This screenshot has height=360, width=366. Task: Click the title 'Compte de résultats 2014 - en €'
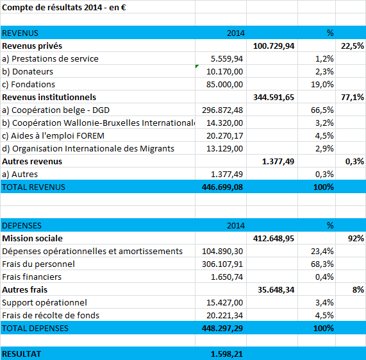click(64, 8)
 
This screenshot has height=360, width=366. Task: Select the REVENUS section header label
click(20, 33)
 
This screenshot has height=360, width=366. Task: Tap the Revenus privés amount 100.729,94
click(274, 46)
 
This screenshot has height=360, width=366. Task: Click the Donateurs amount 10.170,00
click(224, 72)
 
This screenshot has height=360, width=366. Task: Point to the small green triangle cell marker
click(197, 66)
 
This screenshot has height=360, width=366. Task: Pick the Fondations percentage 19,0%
click(322, 85)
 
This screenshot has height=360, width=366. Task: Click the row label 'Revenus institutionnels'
click(49, 97)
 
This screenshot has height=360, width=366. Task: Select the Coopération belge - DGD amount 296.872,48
click(222, 110)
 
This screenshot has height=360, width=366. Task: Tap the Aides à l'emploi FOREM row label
click(53, 136)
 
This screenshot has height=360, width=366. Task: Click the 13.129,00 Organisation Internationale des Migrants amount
click(224, 149)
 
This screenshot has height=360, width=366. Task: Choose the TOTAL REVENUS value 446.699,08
click(222, 187)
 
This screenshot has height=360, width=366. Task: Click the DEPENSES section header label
click(22, 226)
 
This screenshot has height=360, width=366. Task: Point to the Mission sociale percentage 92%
click(356, 239)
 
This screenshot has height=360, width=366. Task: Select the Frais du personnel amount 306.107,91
click(222, 264)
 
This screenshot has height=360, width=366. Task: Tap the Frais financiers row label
click(32, 277)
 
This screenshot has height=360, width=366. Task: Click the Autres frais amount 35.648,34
click(276, 290)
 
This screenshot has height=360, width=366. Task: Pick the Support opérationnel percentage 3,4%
click(324, 303)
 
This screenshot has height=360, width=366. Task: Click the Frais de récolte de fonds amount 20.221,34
click(224, 316)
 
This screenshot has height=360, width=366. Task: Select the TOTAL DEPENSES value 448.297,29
click(222, 329)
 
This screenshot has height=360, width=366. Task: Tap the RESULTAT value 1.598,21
click(227, 354)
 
